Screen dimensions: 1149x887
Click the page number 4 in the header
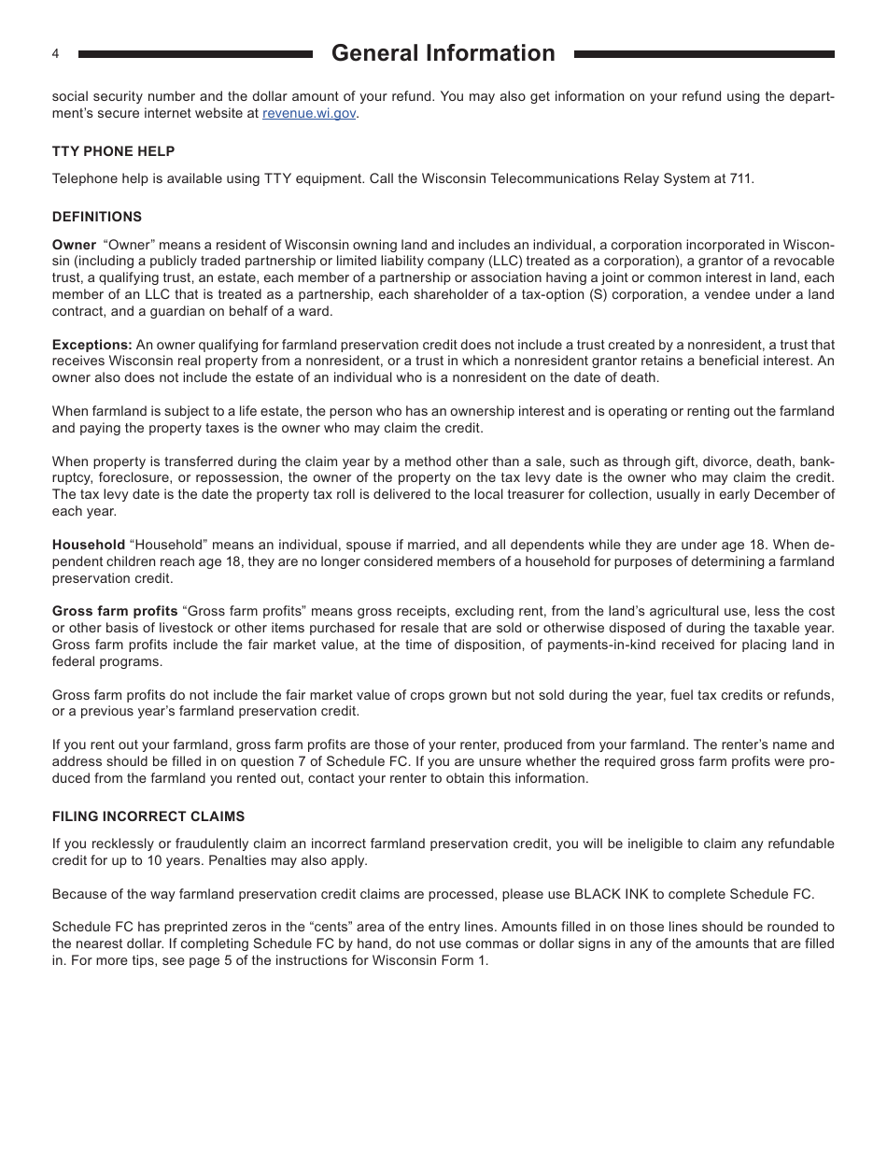click(55, 54)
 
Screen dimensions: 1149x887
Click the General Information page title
click(443, 53)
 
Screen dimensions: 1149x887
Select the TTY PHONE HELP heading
click(113, 151)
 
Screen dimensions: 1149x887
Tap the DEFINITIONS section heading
click(97, 217)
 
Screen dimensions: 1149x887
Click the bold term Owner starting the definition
click(74, 245)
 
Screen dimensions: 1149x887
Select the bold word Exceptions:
click(92, 345)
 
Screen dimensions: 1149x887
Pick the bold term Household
click(88, 545)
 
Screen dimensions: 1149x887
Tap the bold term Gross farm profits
click(115, 611)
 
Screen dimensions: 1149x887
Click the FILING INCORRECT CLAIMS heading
click(148, 816)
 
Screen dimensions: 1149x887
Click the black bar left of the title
click(195, 54)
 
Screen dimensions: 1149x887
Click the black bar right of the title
click(704, 54)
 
